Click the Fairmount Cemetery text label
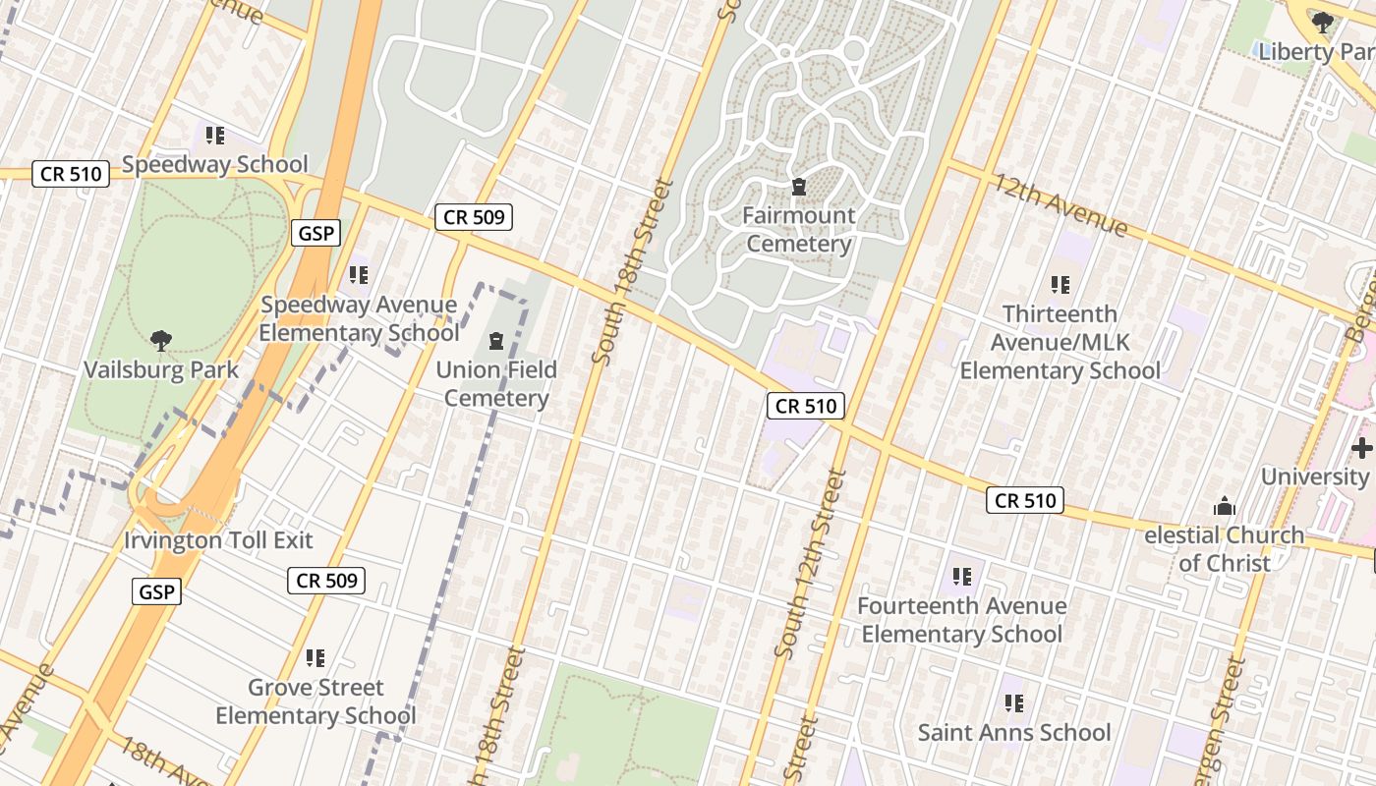pos(798,229)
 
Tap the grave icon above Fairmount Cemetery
pos(798,187)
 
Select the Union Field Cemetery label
pos(496,384)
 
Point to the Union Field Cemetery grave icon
pos(496,342)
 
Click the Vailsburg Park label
pos(161,370)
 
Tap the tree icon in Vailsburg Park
pos(161,341)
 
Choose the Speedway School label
pos(215,164)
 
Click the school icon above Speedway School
pos(215,135)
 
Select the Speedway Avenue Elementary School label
pos(359,319)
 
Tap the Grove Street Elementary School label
pos(315,702)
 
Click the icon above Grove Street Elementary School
pos(315,657)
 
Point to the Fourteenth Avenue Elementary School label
pos(962,620)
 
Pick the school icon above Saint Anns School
pos(1014,703)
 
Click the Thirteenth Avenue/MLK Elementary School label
pos(1060,342)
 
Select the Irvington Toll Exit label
pos(218,540)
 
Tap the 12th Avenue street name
pos(1060,204)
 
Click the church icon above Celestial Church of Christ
pos(1225,507)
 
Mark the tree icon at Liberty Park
pos(1323,22)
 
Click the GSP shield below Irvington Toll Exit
pos(156,591)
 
